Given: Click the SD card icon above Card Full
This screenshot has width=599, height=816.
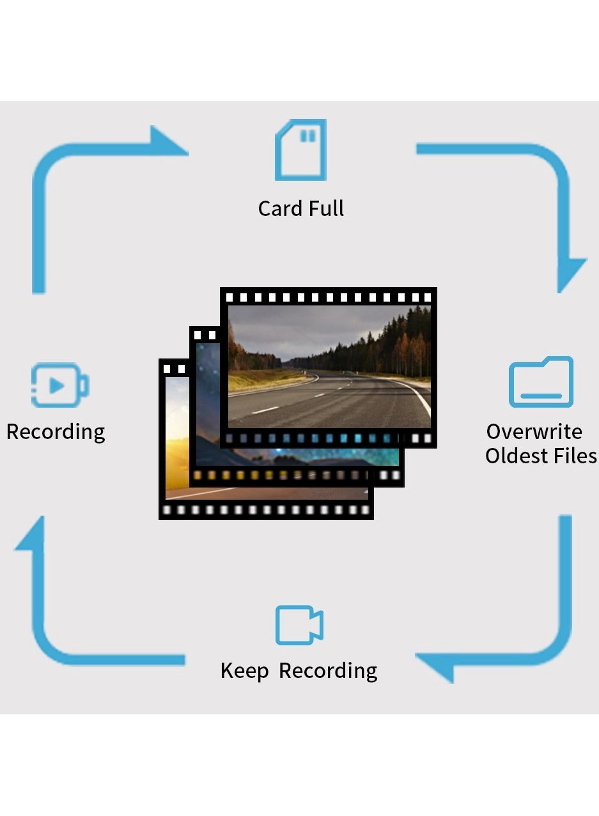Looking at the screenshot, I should [x=300, y=150].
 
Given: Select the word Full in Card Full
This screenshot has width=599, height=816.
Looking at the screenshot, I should [x=326, y=209].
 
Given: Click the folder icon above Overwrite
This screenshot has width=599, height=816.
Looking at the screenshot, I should [x=541, y=382].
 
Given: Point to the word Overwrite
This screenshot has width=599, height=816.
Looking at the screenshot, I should [x=534, y=432].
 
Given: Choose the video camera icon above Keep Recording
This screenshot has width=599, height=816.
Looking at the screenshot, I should [x=299, y=625].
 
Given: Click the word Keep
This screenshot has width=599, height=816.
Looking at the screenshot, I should [x=244, y=672].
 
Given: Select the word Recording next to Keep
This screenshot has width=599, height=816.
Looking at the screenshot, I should [x=328, y=672].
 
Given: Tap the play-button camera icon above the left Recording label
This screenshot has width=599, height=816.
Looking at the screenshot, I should [x=59, y=385].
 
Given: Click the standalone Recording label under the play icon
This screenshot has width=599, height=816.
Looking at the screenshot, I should [x=56, y=433].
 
